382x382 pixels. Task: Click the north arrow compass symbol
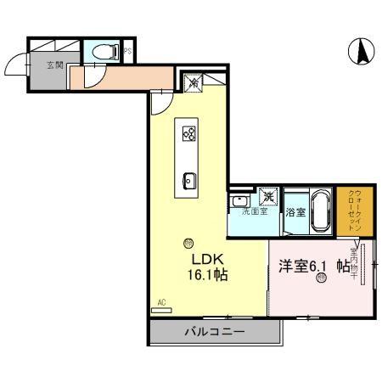pyautogui.click(x=360, y=52)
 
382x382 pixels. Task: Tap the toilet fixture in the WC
pyautogui.click(x=107, y=51)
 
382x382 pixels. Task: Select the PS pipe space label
pyautogui.click(x=127, y=51)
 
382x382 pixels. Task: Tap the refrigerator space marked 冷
pyautogui.click(x=194, y=83)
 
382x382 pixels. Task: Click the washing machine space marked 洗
pyautogui.click(x=267, y=197)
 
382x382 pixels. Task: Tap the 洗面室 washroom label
pyautogui.click(x=254, y=211)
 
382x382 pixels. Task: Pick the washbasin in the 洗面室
pyautogui.click(x=239, y=200)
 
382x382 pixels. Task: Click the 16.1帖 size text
pyautogui.click(x=208, y=275)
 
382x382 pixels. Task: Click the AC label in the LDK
pyautogui.click(x=161, y=301)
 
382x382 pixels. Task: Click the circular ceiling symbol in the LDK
pyautogui.click(x=188, y=242)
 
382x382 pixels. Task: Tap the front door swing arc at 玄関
pyautogui.click(x=17, y=64)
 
